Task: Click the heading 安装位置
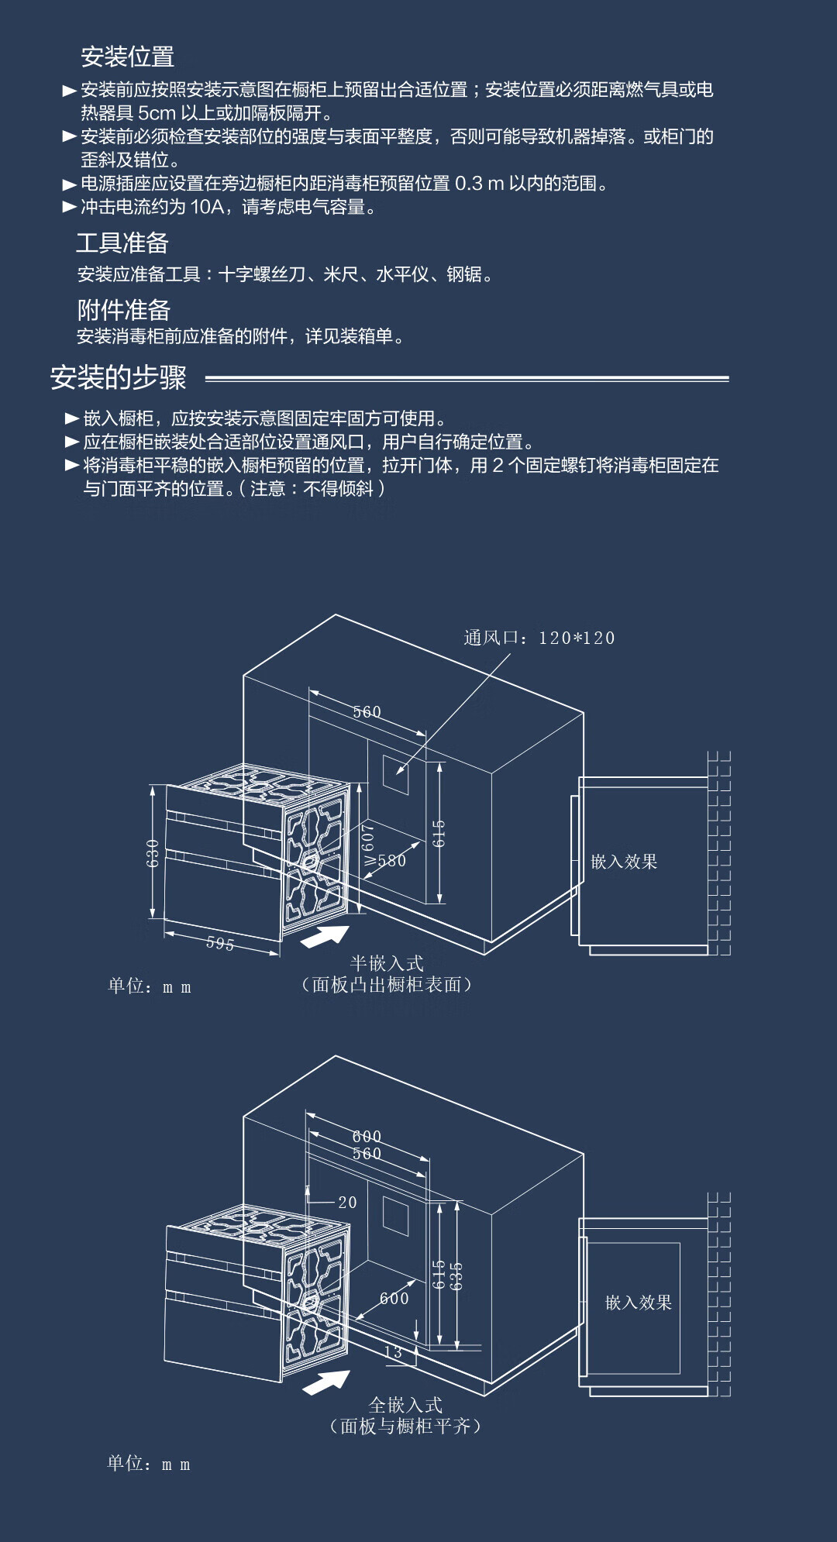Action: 127,57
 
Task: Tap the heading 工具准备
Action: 122,243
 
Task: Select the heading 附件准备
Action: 123,310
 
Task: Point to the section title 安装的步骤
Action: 118,377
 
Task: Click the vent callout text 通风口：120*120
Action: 539,638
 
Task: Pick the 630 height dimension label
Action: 153,852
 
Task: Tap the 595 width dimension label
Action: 220,943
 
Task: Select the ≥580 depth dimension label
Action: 386,861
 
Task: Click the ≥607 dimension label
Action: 368,844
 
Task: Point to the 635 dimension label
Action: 456,1275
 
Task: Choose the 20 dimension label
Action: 347,1203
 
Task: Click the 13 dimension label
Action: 393,1352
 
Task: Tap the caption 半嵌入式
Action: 387,963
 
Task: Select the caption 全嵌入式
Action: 405,1405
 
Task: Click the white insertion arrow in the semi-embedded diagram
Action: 324,936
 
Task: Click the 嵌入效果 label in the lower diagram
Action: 638,1303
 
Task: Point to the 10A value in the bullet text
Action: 207,207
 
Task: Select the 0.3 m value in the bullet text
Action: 479,184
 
